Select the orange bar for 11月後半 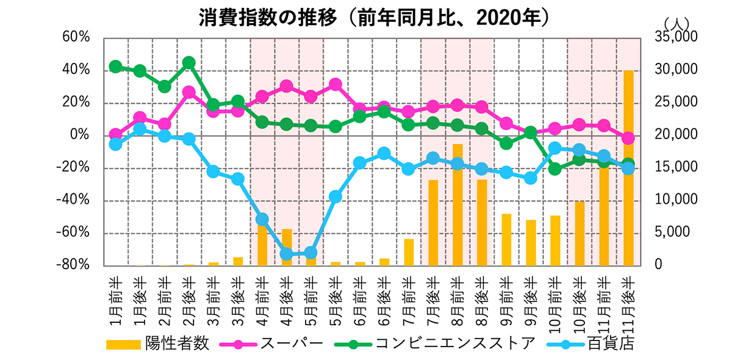[x=628, y=168]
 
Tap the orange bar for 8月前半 [x=457, y=204]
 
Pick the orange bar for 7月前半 [x=408, y=252]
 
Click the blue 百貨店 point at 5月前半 [x=310, y=253]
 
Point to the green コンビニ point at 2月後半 [x=188, y=63]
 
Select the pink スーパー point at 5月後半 [x=335, y=85]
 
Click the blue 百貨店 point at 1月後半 [x=140, y=129]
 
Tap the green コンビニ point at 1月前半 [x=115, y=67]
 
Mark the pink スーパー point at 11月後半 [x=628, y=139]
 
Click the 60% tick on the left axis [x=76, y=37]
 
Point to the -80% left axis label [x=73, y=265]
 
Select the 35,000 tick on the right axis [x=675, y=37]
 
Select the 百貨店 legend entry [x=611, y=344]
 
